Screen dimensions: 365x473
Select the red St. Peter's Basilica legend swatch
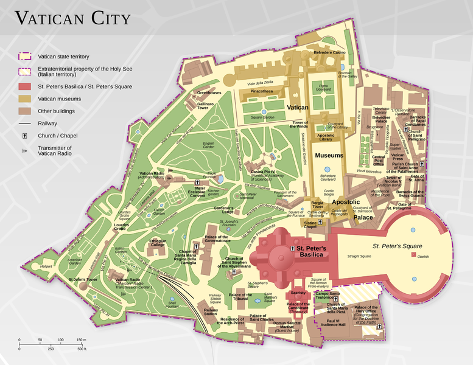[24, 86]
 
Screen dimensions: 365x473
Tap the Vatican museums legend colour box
[24, 99]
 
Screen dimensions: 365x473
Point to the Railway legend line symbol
[24, 123]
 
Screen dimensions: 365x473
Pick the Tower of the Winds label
[304, 123]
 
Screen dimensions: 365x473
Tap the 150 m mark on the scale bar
[80, 339]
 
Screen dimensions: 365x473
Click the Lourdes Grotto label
[121, 226]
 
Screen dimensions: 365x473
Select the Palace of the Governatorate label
[217, 238]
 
